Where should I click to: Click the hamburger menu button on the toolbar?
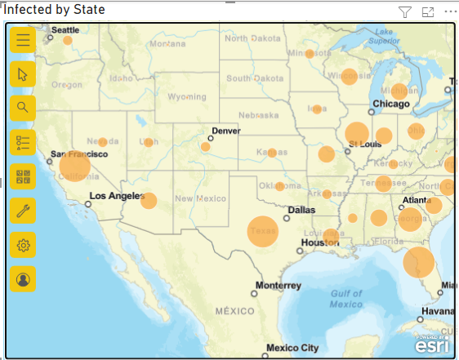point(23,39)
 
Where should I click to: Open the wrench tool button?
point(23,210)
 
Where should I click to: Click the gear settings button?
point(23,244)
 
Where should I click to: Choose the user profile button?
point(23,278)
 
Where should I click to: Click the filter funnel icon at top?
point(405,11)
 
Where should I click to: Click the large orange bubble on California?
point(75,167)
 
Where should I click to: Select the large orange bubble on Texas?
point(263,231)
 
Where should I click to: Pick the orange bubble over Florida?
point(418,263)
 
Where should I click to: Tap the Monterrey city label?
point(278,286)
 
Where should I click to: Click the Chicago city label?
point(390,104)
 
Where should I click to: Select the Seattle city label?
point(65,30)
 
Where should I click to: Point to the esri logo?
point(430,343)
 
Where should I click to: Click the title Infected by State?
point(56,10)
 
